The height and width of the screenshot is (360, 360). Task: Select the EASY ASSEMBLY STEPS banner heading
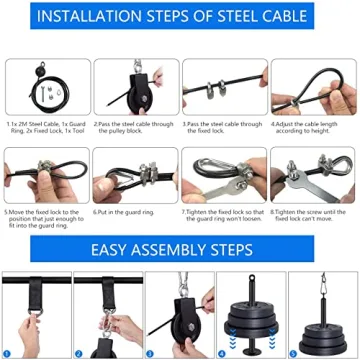[x=180, y=246]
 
